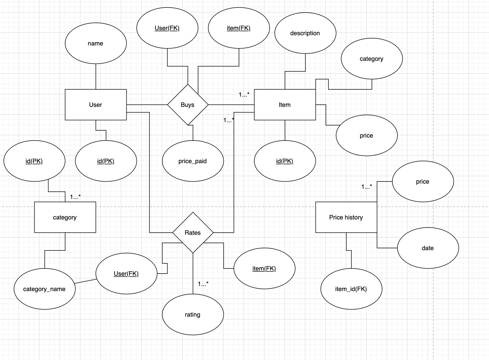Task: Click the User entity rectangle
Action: [96, 105]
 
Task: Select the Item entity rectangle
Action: [285, 105]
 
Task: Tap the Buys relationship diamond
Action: [188, 105]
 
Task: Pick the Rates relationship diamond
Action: [193, 233]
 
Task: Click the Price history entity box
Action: [346, 217]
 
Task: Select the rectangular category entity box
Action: [65, 217]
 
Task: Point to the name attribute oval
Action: [96, 43]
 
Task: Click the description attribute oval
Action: [305, 33]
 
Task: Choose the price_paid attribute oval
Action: [193, 161]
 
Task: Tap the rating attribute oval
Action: [193, 315]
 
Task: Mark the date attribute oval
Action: [428, 248]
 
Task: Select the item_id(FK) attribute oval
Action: [351, 289]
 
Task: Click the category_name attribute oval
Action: [45, 289]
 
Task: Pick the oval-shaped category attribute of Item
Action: [372, 59]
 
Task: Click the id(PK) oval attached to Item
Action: [285, 161]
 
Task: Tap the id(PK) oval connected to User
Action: [106, 161]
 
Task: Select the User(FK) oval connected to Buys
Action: [167, 28]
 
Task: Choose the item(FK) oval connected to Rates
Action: [264, 268]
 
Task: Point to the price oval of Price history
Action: [423, 182]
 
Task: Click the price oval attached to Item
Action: [367, 135]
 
